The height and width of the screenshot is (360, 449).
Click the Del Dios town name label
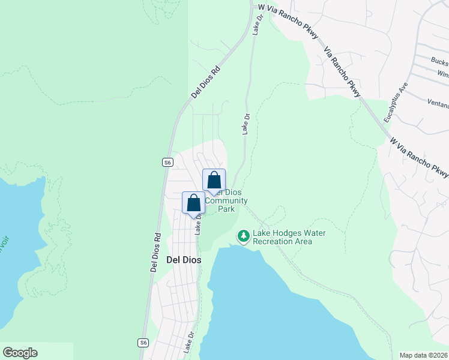(x=183, y=260)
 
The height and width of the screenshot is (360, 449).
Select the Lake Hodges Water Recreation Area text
(x=282, y=237)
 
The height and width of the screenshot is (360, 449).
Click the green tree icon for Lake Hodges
(x=244, y=237)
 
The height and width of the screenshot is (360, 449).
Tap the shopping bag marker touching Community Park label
(x=214, y=181)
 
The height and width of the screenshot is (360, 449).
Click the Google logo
(x=20, y=353)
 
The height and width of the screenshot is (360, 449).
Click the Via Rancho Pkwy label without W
(x=342, y=72)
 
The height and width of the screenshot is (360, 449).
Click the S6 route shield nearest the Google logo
(x=143, y=343)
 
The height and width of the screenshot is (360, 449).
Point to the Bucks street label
(x=440, y=61)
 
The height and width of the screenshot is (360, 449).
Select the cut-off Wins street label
(x=443, y=74)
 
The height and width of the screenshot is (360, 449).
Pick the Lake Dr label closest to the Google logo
(x=189, y=342)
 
